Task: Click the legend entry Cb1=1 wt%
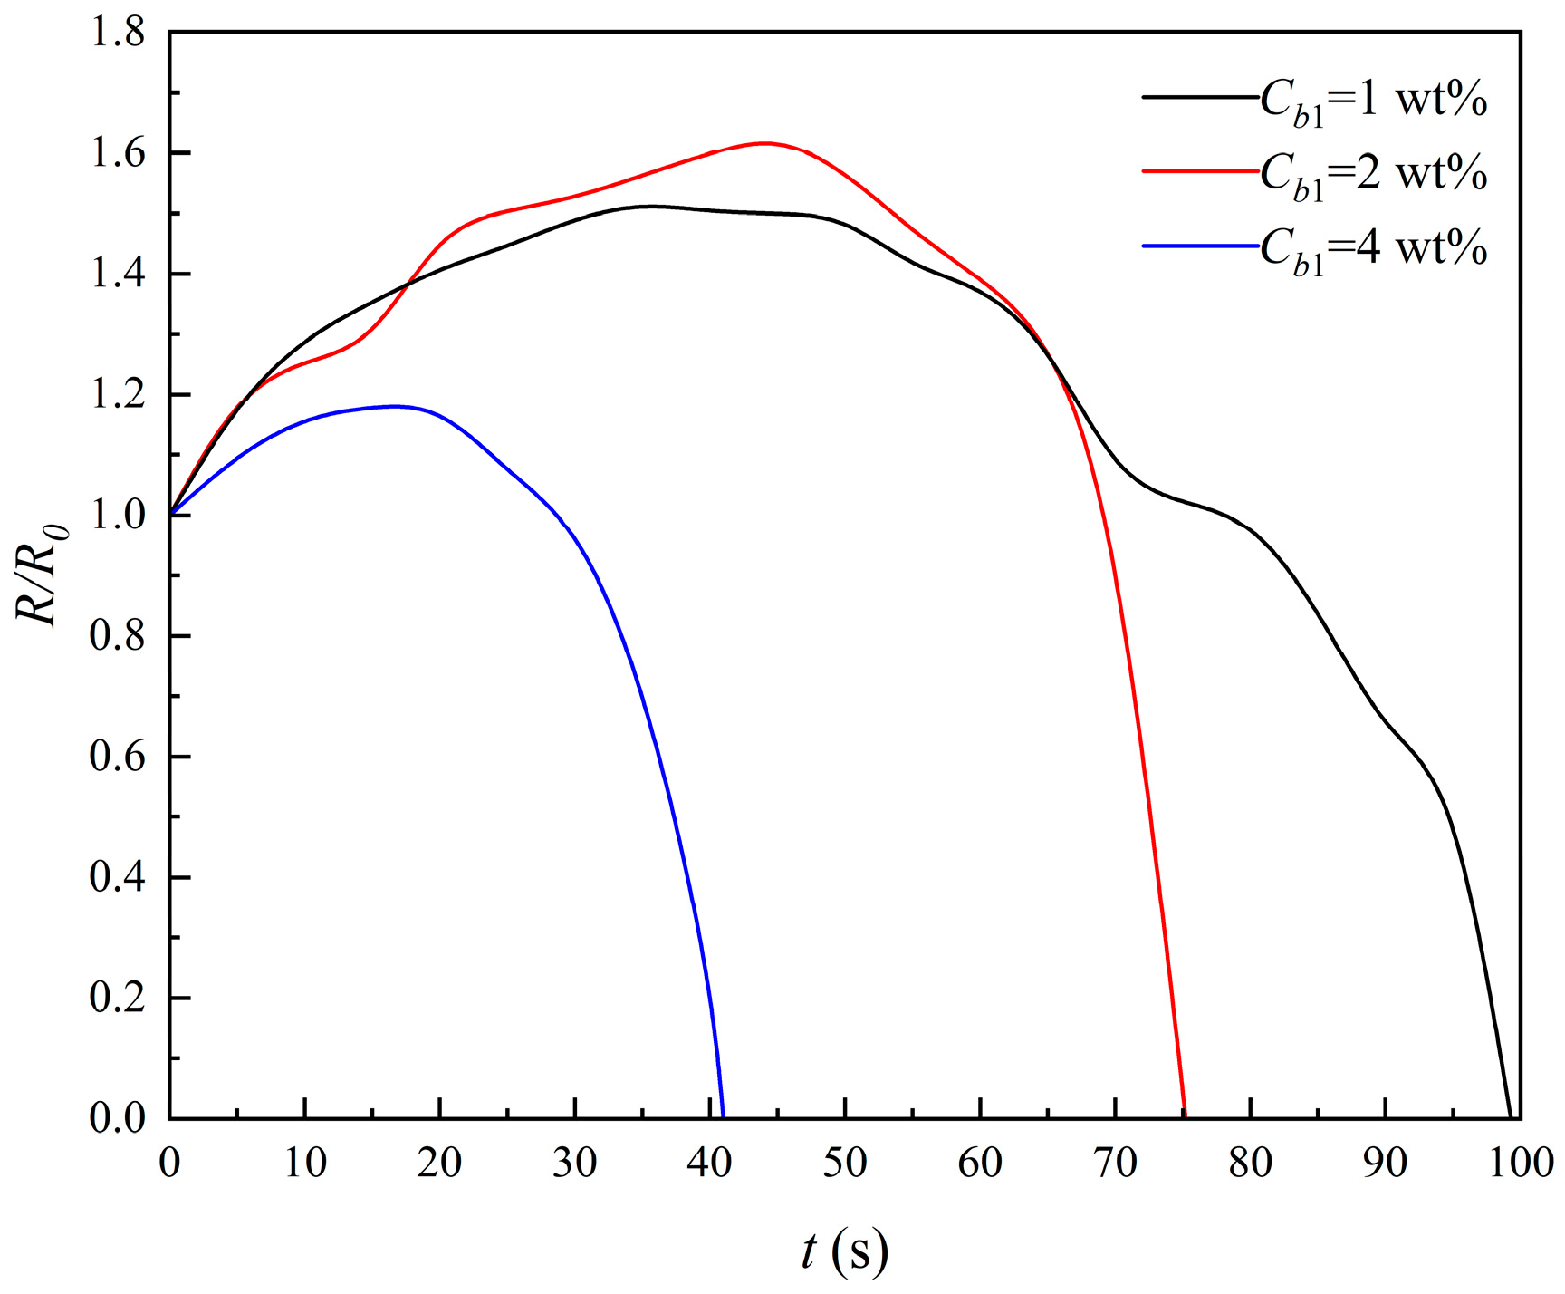(x=1315, y=99)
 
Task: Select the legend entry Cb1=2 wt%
(x=1315, y=172)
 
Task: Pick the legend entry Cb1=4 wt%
(x=1315, y=246)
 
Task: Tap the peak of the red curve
(x=765, y=143)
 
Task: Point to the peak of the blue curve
(x=395, y=406)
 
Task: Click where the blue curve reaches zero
(x=723, y=1117)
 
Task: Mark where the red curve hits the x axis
(x=1185, y=1117)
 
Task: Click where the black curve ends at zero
(x=1510, y=1117)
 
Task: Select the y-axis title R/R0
(x=38, y=575)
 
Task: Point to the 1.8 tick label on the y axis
(x=117, y=33)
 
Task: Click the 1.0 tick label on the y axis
(x=117, y=516)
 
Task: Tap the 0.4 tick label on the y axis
(x=117, y=878)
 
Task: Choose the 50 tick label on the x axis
(x=845, y=1163)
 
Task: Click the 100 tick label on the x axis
(x=1521, y=1163)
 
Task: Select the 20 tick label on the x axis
(x=439, y=1163)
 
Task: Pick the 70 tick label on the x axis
(x=1115, y=1163)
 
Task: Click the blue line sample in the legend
(x=1201, y=246)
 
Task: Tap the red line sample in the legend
(x=1201, y=171)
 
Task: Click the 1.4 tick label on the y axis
(x=117, y=274)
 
